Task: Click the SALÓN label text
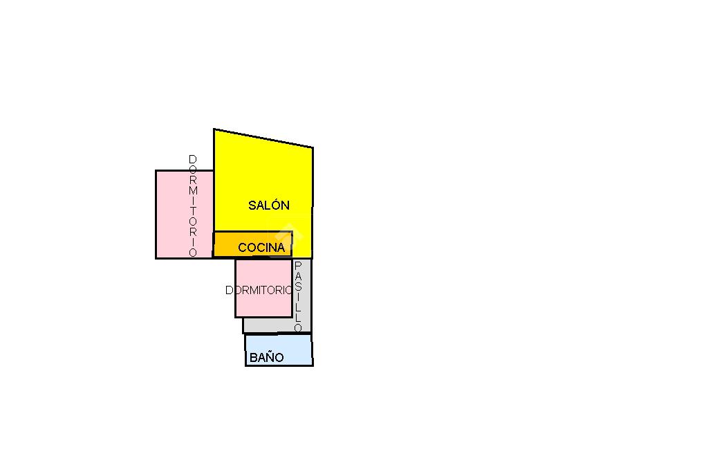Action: pos(268,206)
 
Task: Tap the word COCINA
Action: pos(261,247)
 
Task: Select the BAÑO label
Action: pos(266,358)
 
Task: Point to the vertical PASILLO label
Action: pos(298,296)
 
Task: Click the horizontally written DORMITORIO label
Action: pos(260,291)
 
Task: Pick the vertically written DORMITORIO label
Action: pos(193,206)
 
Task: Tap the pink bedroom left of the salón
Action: pos(172,214)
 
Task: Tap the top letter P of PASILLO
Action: pos(298,266)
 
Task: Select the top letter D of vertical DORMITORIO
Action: pos(193,160)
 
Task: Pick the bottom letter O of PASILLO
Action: pos(298,328)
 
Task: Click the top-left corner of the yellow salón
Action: pos(214,129)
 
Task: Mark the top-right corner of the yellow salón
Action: pos(313,147)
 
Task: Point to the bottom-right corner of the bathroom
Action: pos(313,365)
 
